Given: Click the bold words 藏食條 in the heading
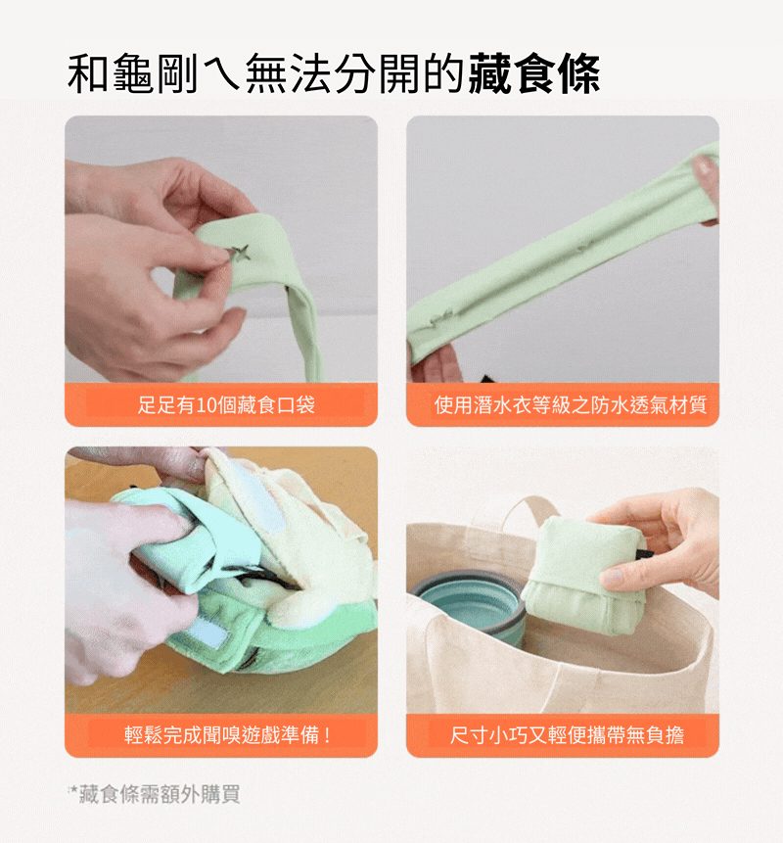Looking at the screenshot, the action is (533, 73).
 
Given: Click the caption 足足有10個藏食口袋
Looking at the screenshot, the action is (226, 404).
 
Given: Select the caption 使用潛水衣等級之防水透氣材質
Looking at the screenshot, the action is (571, 404).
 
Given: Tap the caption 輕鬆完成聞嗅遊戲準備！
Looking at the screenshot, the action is (228, 734).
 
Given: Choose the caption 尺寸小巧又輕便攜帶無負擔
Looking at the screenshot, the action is (567, 735).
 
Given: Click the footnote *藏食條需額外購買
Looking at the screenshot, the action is (154, 793).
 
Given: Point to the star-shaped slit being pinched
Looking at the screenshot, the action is (238, 253).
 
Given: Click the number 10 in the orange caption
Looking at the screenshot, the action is (205, 404).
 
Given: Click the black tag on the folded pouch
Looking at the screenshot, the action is (643, 555).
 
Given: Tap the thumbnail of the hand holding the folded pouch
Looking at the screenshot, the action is (563, 580).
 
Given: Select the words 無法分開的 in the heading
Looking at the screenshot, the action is (355, 73).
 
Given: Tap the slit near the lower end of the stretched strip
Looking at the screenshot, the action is (440, 320).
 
